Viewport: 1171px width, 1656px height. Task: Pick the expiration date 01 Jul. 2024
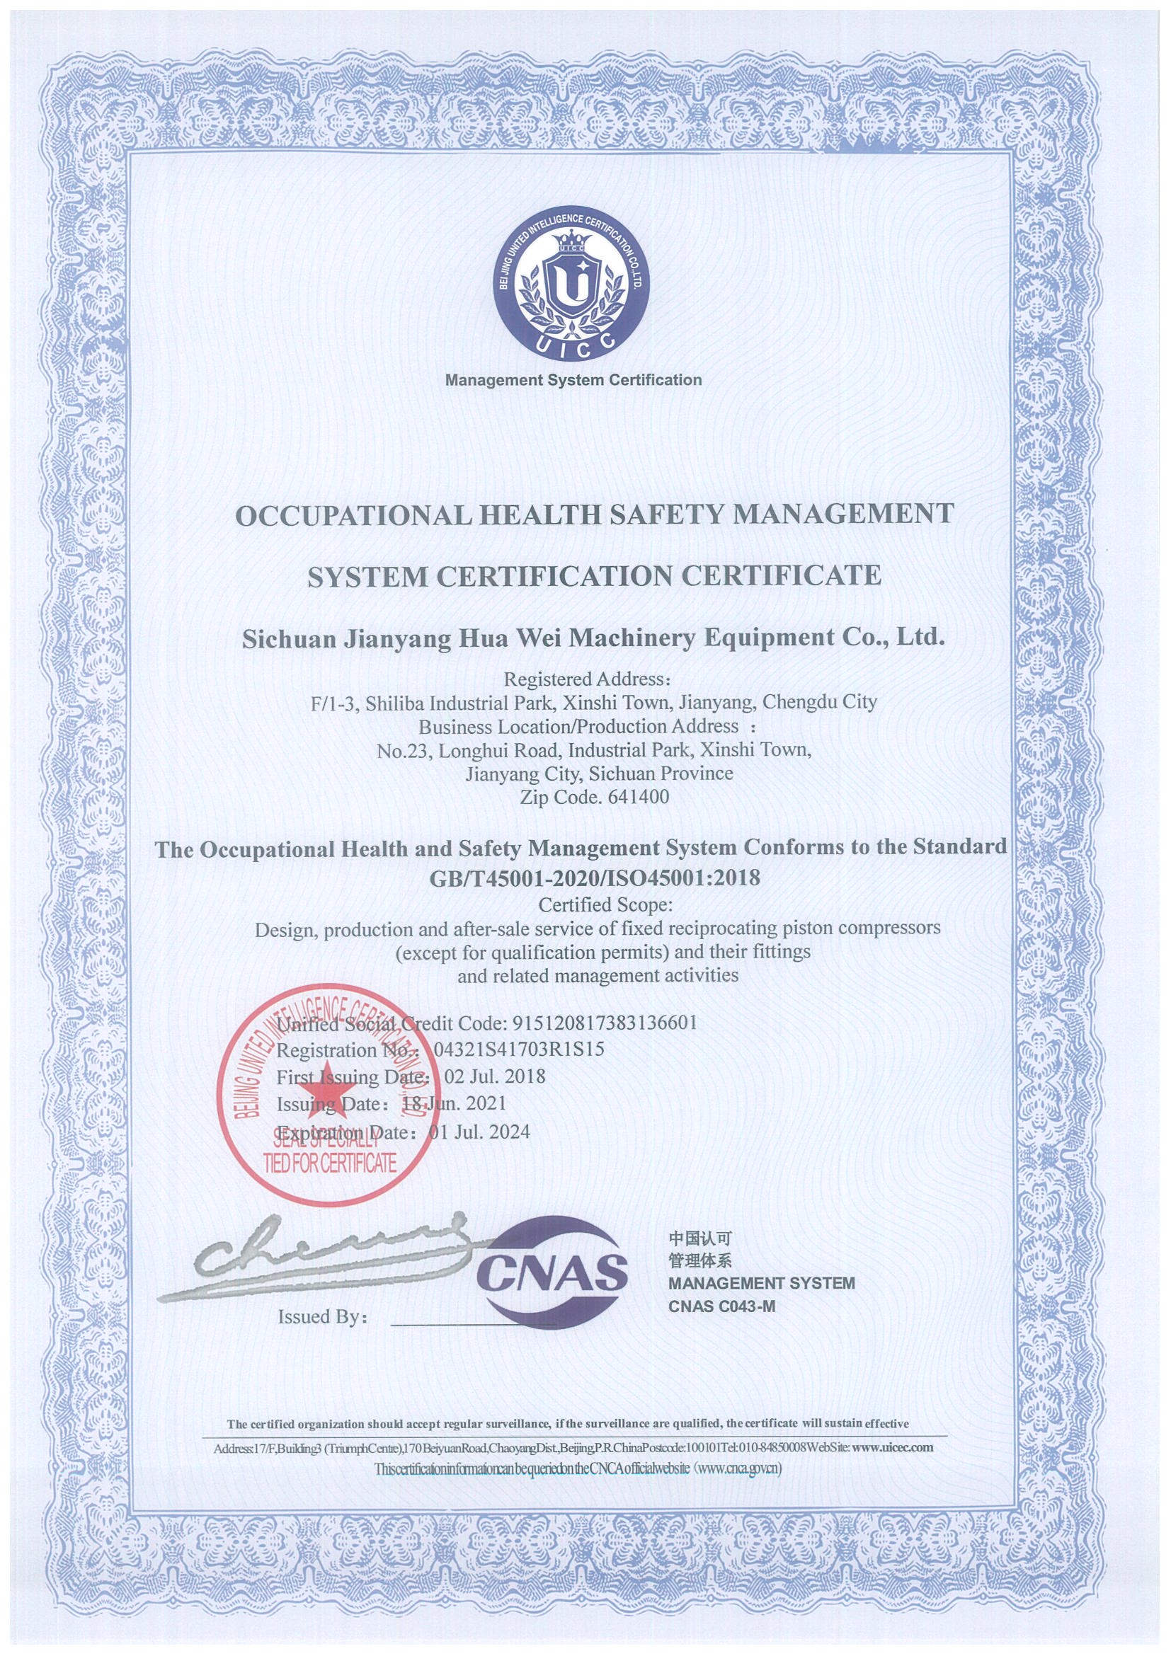[479, 1132]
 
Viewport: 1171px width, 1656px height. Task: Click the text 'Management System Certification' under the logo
[573, 380]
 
